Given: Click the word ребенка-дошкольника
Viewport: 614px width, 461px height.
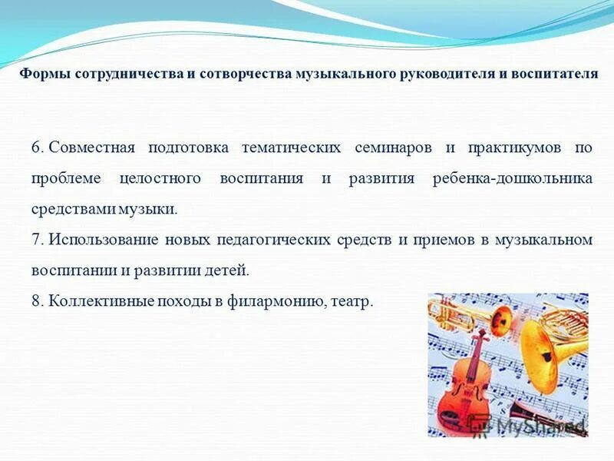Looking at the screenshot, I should click(512, 178).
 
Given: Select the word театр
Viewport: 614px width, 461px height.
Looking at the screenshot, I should click(352, 301).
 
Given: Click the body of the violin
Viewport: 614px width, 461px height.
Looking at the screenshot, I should click(465, 392).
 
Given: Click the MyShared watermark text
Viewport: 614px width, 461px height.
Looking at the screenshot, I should click(537, 424).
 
